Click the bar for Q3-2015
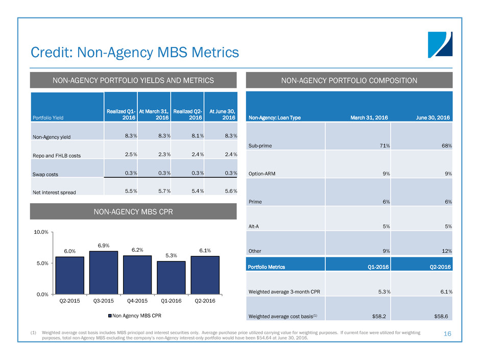(104, 273)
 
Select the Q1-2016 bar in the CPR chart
(171, 278)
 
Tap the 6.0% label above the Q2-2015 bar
(69, 251)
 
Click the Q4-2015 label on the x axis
(137, 301)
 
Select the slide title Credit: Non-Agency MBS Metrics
(134, 52)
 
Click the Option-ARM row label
(263, 174)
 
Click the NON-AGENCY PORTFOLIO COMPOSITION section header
(349, 80)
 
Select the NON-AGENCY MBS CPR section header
(133, 211)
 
